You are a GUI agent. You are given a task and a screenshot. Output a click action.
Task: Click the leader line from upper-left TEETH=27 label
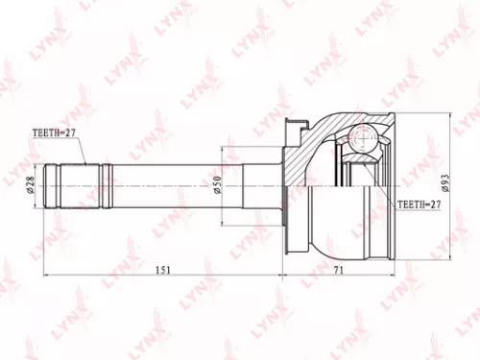82,151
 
